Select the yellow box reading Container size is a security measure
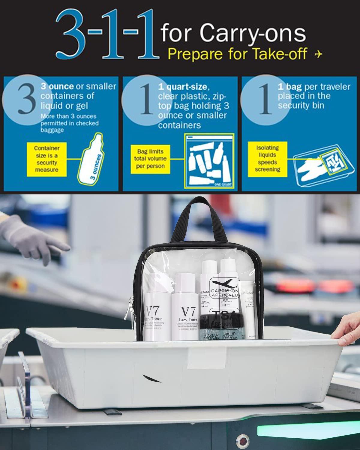(46, 159)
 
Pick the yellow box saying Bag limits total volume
(150, 158)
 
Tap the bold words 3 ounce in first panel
(57, 86)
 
